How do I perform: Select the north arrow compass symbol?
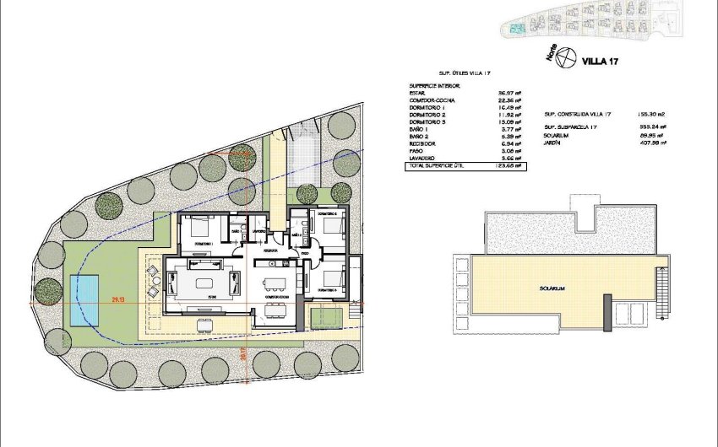(x=568, y=59)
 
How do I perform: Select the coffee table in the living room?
(x=205, y=282)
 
